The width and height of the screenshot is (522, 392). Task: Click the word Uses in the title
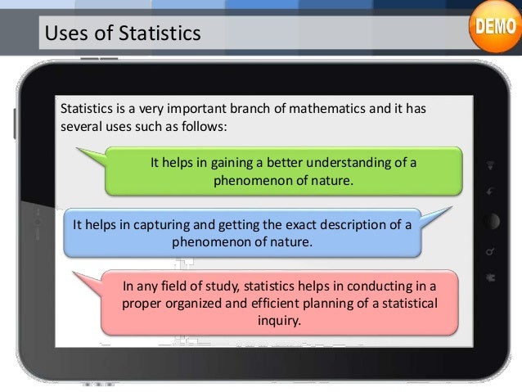tap(62, 34)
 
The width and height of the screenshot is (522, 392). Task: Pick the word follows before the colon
tap(205, 128)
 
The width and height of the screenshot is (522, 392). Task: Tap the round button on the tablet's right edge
tap(491, 222)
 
